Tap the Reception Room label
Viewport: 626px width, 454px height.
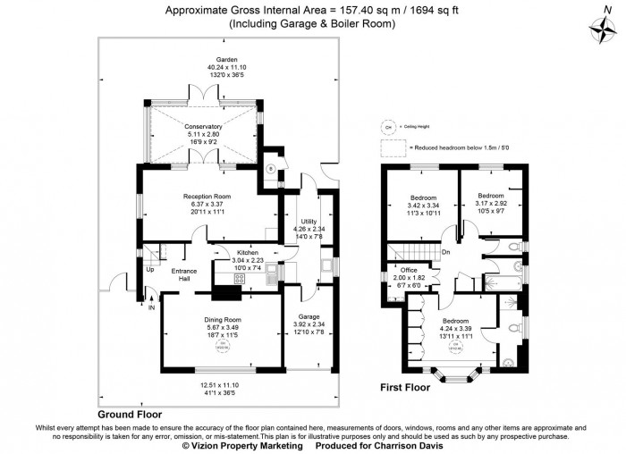tap(207, 196)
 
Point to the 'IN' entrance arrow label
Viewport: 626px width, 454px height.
tap(151, 307)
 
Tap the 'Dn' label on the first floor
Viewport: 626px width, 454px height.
tap(446, 252)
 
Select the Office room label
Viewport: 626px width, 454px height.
tap(410, 270)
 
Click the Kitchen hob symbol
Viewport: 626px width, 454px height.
tap(239, 279)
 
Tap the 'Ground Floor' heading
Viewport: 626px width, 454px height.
tap(130, 415)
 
